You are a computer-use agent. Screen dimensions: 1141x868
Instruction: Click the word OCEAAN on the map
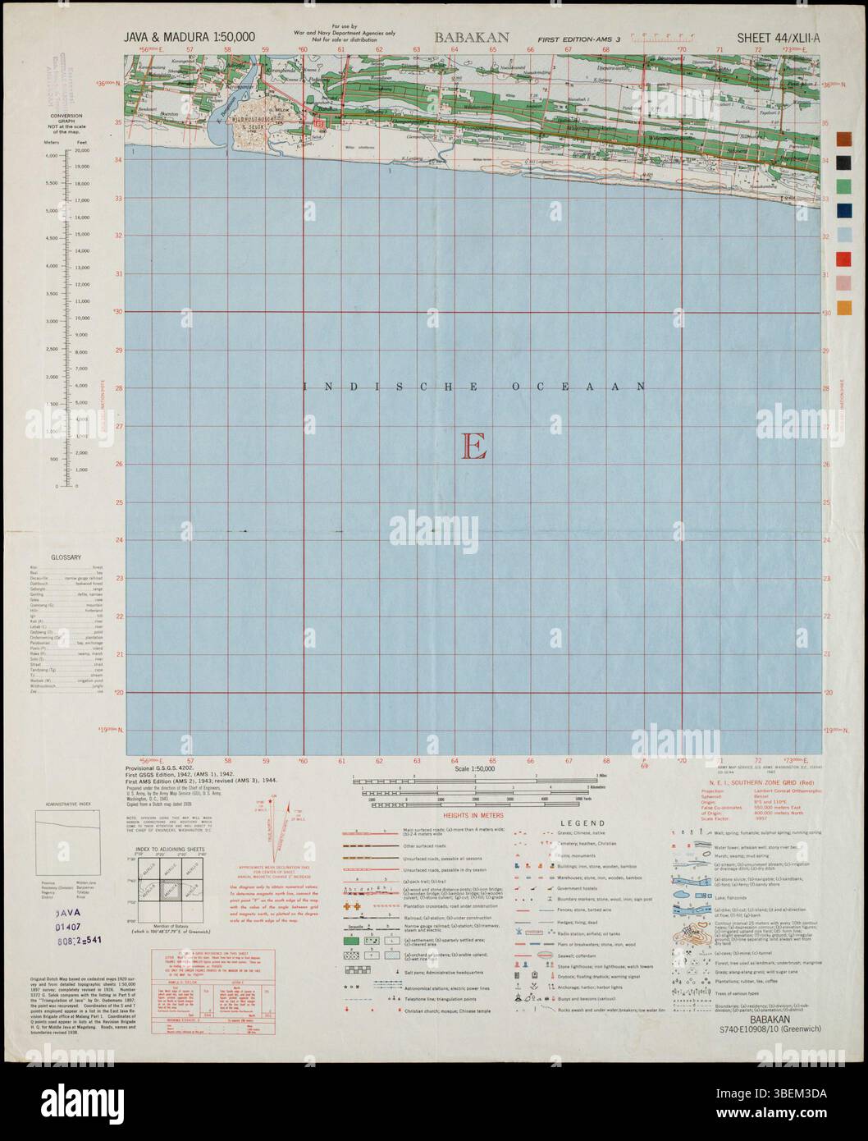click(x=596, y=385)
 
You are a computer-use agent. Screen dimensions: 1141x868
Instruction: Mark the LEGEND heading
click(x=582, y=823)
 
